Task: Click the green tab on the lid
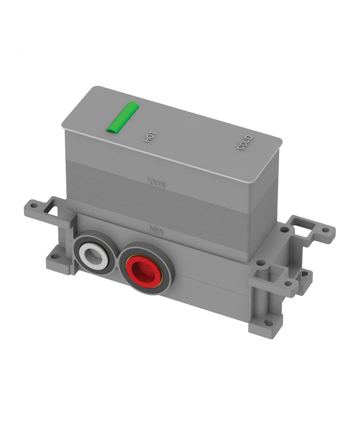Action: coord(123,118)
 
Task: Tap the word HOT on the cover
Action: coord(150,137)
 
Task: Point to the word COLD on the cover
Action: coord(245,142)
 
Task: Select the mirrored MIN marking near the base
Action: coord(157,229)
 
